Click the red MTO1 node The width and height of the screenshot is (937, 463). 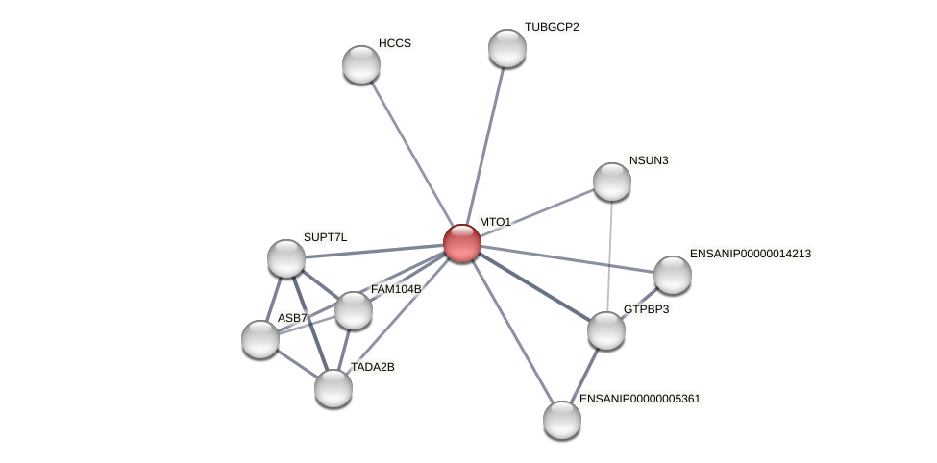pos(461,243)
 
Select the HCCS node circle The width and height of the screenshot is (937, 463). pos(361,64)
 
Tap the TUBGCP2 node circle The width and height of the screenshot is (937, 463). pos(507,48)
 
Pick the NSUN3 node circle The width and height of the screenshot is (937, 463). pos(612,182)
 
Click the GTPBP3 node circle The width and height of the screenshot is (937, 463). pos(606,330)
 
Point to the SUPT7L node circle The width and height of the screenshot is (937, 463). pos(286,258)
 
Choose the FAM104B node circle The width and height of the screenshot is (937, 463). pos(354,310)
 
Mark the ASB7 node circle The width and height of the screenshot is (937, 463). pos(260,339)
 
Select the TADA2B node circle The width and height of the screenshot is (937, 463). pos(333,388)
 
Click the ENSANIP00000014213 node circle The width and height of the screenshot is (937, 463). pos(673,275)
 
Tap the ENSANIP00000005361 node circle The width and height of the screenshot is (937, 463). pos(562,420)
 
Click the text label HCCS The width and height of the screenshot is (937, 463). pos(394,43)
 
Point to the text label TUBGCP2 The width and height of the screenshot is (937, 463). pos(552,27)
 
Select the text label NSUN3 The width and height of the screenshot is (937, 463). pos(649,160)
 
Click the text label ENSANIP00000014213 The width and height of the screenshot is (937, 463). pos(751,254)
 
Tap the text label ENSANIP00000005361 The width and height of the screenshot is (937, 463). pos(640,398)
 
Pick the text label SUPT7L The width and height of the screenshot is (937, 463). pos(325,237)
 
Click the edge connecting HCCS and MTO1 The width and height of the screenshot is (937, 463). pos(411,154)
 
